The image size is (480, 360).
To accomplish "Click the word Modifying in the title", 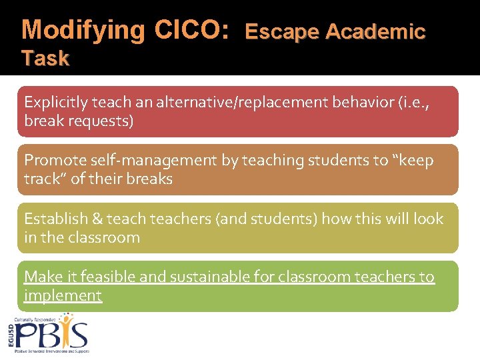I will point(83,30).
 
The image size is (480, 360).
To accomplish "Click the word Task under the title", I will point(45,59).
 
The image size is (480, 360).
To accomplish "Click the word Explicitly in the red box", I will point(55,102).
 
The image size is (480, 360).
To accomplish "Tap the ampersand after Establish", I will point(94,219).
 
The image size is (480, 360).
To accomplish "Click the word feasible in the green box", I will point(99,277).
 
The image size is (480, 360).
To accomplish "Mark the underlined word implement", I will point(63,295).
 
